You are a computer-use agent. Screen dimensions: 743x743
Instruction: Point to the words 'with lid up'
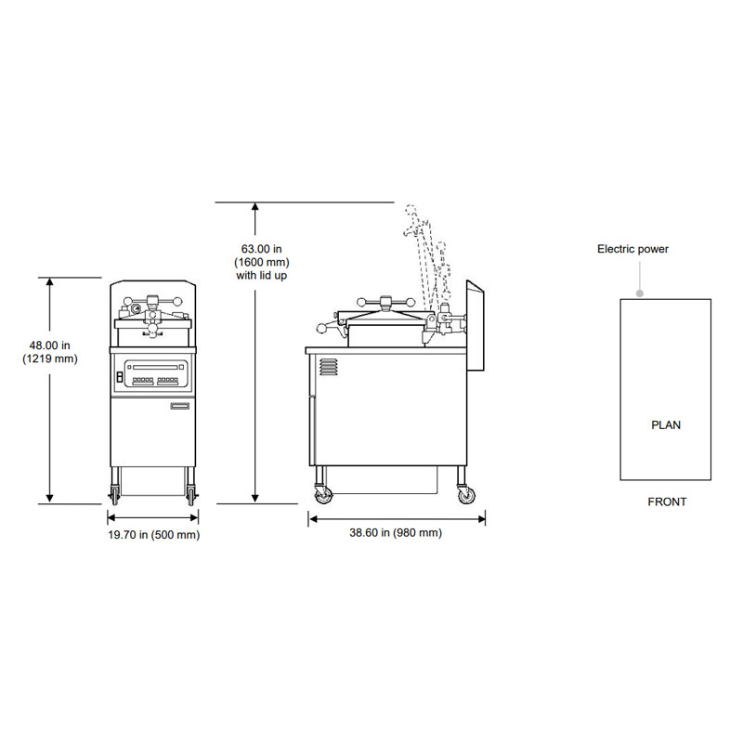click(x=261, y=276)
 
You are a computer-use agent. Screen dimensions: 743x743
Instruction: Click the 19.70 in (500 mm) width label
click(x=153, y=535)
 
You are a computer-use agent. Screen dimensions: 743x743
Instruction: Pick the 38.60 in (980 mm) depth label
click(x=396, y=532)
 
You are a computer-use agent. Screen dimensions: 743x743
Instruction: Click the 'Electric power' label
click(x=632, y=249)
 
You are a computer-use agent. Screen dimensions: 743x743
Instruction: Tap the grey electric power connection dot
click(x=639, y=293)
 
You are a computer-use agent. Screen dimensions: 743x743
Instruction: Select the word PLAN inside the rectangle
click(x=665, y=425)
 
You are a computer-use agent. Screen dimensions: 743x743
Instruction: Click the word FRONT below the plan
click(x=667, y=502)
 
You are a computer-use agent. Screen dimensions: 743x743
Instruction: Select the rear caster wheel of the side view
click(x=465, y=496)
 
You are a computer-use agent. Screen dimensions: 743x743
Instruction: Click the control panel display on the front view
click(x=156, y=372)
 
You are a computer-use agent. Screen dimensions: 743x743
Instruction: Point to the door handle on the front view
click(x=179, y=405)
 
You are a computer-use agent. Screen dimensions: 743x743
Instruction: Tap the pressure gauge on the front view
click(x=137, y=308)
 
